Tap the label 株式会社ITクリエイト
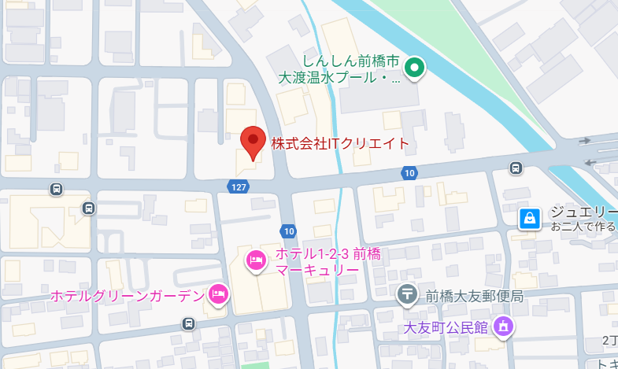tap(340, 144)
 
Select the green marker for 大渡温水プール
tap(415, 68)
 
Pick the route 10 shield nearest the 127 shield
tap(289, 231)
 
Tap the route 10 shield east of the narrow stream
tap(408, 173)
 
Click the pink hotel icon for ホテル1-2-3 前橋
tap(255, 260)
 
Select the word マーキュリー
tap(317, 270)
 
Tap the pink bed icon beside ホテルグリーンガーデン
tap(218, 295)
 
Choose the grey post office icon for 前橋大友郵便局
tap(407, 296)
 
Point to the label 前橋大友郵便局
tap(475, 296)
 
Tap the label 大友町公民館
tap(446, 326)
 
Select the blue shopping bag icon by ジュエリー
tap(531, 218)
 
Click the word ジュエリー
tap(583, 212)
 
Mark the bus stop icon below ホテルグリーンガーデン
tap(188, 323)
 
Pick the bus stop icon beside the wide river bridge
tap(516, 168)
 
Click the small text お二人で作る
tap(583, 227)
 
